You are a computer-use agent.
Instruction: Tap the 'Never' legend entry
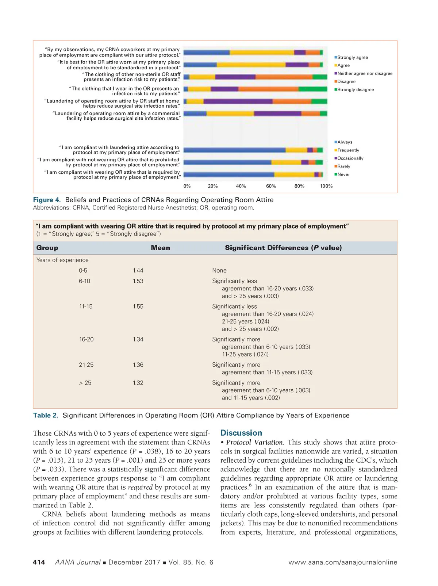pos(343,174)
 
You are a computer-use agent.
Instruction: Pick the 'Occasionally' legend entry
pos(350,158)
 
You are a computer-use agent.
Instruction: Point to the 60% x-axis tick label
pos(271,186)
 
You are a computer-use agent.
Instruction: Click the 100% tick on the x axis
pos(326,186)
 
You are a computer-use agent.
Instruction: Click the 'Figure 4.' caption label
pos(47,200)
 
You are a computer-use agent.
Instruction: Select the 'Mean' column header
pos(160,248)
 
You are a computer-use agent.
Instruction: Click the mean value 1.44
pos(138,270)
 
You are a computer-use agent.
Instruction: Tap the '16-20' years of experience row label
pos(86,339)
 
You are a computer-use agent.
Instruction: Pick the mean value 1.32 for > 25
pos(138,383)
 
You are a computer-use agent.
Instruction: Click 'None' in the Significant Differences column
pos(219,270)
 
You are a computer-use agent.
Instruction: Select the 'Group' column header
pos(47,248)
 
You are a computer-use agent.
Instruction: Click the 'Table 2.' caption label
pos(46,416)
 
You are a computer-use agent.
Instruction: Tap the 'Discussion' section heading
pos(241,433)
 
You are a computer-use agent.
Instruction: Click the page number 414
pos(39,562)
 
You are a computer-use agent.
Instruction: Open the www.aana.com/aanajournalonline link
pos(343,562)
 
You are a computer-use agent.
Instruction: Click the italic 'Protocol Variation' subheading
pos(255,443)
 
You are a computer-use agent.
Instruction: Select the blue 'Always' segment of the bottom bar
pos(229,175)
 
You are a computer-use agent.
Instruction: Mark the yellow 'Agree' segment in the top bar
pos(262,53)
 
